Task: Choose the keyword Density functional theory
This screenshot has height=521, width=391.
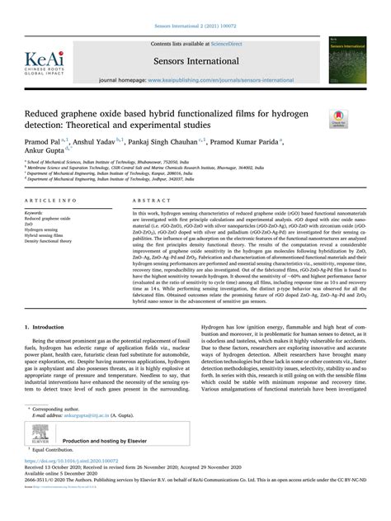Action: pyautogui.click(x=54, y=241)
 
